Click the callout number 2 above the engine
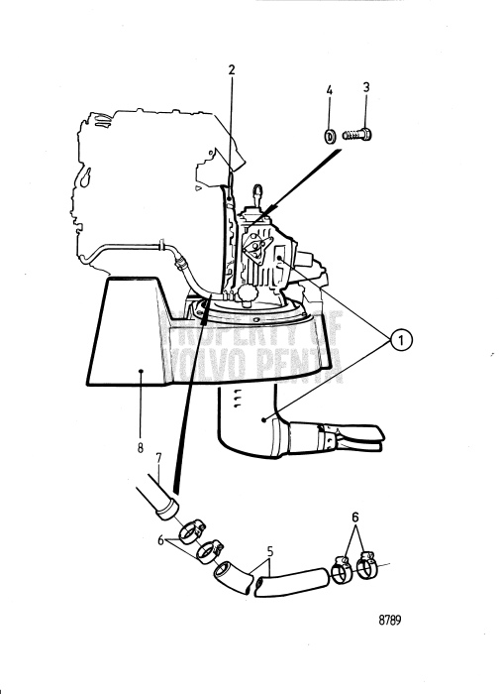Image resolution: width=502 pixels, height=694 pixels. click(231, 70)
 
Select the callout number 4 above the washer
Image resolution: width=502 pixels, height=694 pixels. click(331, 91)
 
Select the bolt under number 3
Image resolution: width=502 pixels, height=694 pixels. click(355, 133)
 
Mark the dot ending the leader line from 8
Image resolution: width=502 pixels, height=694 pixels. click(142, 373)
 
